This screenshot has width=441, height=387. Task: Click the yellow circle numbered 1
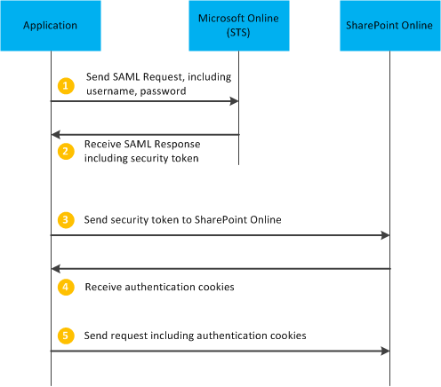64,85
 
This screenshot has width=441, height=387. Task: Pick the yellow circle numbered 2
64,150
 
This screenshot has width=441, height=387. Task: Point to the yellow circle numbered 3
64,219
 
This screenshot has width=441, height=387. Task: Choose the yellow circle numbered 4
64,288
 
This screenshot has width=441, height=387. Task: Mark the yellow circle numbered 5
64,336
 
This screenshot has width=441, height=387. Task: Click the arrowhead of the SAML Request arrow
235,101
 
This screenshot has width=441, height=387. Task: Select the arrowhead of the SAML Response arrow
55,134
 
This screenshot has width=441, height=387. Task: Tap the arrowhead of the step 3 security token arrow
385,235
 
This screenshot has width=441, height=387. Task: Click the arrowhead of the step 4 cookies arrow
55,268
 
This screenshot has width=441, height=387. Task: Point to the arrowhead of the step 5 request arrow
385,351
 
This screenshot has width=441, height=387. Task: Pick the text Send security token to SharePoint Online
182,218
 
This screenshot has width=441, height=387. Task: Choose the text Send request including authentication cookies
195,336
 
